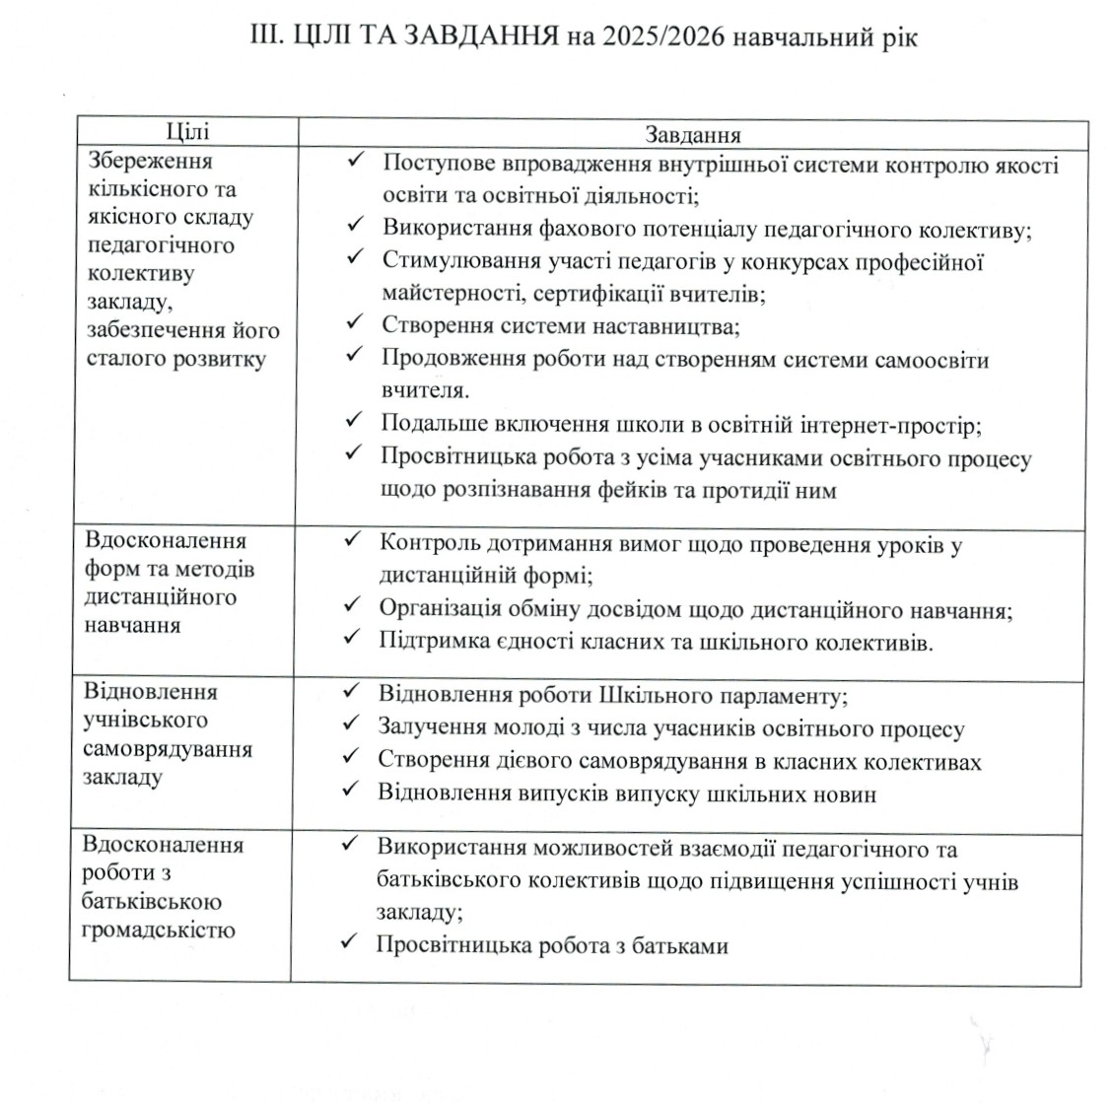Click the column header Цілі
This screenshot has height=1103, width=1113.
click(x=187, y=132)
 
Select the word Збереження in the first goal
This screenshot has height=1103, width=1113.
click(x=150, y=161)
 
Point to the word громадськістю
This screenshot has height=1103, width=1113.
click(x=160, y=929)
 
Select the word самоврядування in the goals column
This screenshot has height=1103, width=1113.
click(x=169, y=749)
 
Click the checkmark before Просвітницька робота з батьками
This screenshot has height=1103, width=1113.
click(x=348, y=943)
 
